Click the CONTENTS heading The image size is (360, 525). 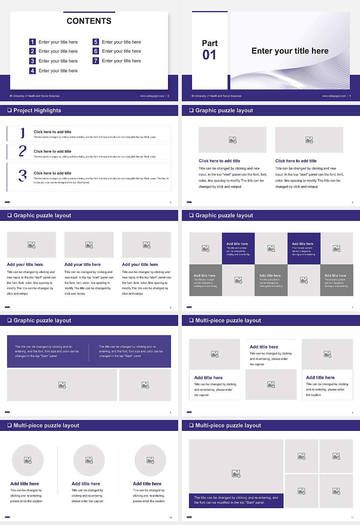89,21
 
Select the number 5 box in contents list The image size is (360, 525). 96,42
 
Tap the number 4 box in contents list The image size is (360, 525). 32,70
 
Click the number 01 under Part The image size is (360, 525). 209,55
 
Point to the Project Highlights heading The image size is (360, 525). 37,111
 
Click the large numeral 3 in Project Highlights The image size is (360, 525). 22,175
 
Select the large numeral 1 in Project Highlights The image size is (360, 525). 22,133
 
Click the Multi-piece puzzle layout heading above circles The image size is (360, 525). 46,426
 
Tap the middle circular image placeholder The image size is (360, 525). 89,460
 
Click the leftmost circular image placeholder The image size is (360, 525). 28,460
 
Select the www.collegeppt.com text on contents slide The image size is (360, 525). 152,96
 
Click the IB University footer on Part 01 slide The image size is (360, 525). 216,96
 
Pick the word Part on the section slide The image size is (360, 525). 210,43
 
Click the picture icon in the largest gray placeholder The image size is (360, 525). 236,474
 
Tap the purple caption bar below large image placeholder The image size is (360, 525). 236,500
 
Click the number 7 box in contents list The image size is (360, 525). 96,61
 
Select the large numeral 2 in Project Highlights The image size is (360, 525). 22,151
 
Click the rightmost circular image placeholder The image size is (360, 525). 150,460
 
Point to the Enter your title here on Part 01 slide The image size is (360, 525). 290,51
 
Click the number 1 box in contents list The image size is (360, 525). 32,42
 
